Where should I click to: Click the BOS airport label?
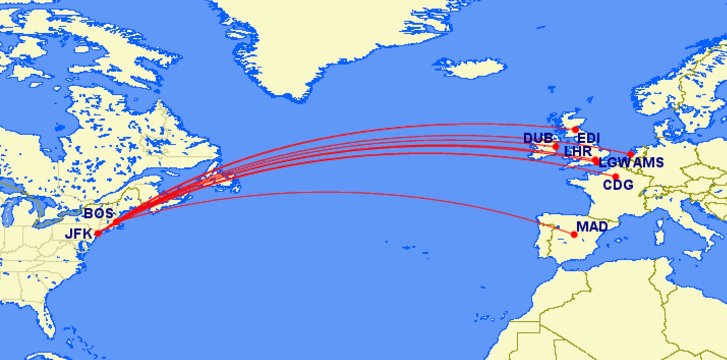click(x=98, y=213)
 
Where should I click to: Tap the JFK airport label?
click(x=78, y=234)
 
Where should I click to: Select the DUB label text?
click(x=538, y=138)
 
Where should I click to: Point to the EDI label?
click(x=589, y=138)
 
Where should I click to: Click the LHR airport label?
click(x=577, y=151)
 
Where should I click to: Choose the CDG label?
click(x=618, y=185)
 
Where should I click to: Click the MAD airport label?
click(x=592, y=226)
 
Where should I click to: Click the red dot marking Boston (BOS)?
click(x=116, y=222)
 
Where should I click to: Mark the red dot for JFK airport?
click(x=98, y=233)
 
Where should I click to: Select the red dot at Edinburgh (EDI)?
click(x=575, y=130)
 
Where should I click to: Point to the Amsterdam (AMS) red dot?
click(x=631, y=154)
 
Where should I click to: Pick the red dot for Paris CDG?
click(x=615, y=177)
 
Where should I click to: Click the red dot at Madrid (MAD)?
click(x=574, y=235)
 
